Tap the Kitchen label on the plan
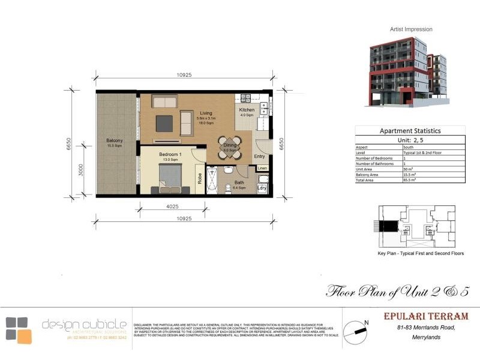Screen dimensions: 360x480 click(x=247, y=110)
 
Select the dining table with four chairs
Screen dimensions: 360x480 click(x=230, y=148)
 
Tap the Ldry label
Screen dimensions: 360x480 click(x=262, y=188)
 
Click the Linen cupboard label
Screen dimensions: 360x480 click(x=262, y=169)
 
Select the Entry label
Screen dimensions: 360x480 click(x=259, y=156)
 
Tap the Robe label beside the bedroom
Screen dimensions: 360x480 click(x=200, y=178)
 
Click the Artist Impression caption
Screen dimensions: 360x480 click(x=411, y=29)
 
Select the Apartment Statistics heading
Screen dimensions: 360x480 click(x=410, y=130)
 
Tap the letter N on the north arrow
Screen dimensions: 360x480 click(x=366, y=322)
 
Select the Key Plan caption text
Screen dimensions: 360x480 click(x=420, y=253)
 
